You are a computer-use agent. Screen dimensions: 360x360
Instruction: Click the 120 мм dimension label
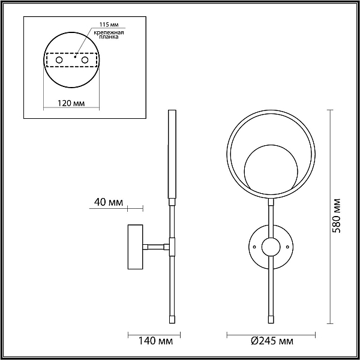(x=71, y=103)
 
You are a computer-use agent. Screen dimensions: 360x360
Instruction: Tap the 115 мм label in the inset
(x=109, y=25)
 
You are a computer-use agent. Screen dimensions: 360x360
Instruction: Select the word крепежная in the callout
(x=109, y=32)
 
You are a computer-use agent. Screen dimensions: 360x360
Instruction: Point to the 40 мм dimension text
(x=109, y=202)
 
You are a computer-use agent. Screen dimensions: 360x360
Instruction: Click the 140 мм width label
(x=155, y=341)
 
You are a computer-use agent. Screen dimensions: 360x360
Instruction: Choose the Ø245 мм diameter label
(x=272, y=341)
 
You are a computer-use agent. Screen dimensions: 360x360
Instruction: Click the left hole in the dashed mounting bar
(x=59, y=60)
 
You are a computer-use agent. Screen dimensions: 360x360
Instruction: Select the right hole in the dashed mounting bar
(x=85, y=60)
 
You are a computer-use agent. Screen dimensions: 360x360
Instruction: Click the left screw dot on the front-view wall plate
(x=254, y=247)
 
